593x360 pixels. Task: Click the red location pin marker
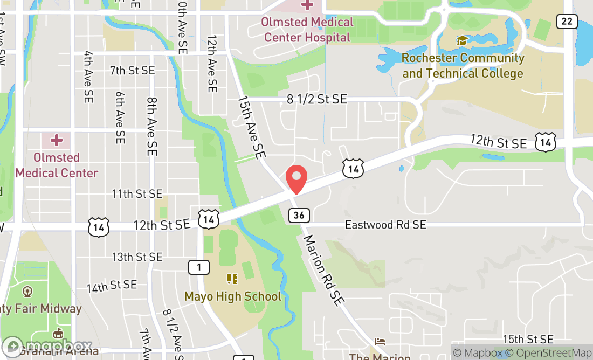tap(296, 179)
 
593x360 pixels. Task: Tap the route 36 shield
tap(299, 216)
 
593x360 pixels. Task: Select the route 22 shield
tap(567, 21)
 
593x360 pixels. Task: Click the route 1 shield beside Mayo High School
tap(199, 267)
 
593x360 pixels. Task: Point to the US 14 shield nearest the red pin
tap(353, 169)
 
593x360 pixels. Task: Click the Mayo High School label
tap(232, 296)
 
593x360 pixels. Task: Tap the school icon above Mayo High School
tap(232, 279)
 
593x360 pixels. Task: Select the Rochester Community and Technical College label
tap(463, 65)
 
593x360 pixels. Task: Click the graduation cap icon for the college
tap(462, 40)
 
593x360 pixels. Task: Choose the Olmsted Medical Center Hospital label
tap(307, 30)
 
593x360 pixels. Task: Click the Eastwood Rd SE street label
tap(385, 225)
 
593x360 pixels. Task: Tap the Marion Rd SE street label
tap(323, 271)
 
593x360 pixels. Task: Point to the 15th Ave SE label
tap(252, 127)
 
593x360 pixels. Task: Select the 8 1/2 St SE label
tap(317, 99)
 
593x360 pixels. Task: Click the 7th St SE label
tap(132, 71)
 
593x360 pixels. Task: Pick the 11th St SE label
tap(137, 193)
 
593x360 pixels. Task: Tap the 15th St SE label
tap(528, 339)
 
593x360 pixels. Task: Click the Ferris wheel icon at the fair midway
tap(27, 292)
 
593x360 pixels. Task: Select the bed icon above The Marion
tap(380, 342)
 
